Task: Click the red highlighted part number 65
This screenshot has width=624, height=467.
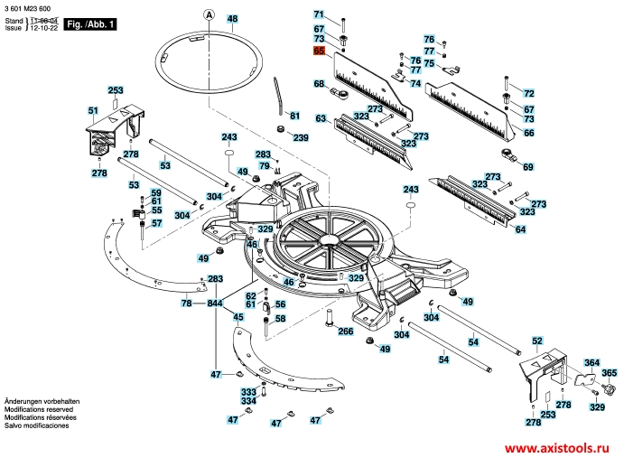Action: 319,51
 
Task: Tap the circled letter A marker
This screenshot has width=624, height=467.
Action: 209,15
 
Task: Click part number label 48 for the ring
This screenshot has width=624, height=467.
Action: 232,19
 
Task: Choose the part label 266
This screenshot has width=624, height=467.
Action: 345,332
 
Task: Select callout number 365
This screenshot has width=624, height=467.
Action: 609,373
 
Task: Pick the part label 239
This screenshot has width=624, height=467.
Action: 300,137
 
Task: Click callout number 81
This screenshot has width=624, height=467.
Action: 293,116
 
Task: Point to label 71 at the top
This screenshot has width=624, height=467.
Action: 319,14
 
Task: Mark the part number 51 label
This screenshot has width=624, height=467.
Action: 92,110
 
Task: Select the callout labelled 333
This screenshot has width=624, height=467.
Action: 247,392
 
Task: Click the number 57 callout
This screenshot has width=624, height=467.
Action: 155,223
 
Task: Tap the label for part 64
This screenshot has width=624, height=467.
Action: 520,230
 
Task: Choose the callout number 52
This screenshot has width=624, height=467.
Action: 536,341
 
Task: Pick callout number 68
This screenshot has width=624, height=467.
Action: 319,84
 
